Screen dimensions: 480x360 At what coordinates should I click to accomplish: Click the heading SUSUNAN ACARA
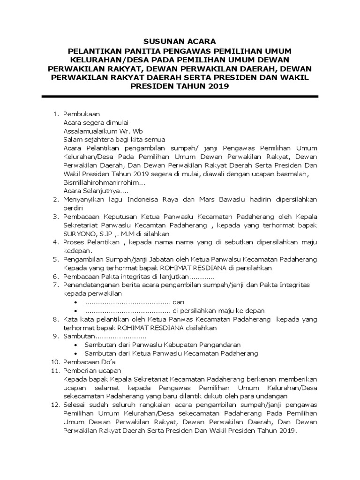180,41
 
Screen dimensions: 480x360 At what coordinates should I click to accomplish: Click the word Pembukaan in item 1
81,113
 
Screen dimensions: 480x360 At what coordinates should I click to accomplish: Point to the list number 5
54,259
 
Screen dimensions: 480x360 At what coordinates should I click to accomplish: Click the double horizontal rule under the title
180,97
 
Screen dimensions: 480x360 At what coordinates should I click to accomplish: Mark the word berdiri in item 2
73,208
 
